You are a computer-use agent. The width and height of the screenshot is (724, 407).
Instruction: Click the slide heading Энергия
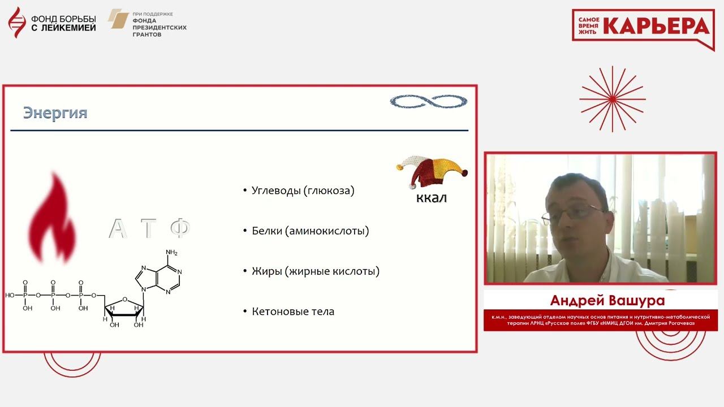click(x=55, y=113)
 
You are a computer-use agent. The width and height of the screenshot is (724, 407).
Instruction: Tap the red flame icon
click(x=53, y=218)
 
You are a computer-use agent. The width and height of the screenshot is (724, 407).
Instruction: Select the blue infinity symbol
click(x=429, y=101)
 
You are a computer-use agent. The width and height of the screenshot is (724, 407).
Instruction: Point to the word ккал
click(x=432, y=198)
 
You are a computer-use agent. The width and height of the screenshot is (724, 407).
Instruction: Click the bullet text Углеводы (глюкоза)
click(x=303, y=190)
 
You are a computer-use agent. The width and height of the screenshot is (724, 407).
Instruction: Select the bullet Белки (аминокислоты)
click(x=311, y=231)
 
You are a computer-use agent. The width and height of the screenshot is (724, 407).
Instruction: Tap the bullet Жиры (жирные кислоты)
click(x=316, y=271)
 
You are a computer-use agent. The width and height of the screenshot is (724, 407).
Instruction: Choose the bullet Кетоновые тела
click(x=293, y=311)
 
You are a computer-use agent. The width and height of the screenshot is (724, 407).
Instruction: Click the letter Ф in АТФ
click(x=180, y=228)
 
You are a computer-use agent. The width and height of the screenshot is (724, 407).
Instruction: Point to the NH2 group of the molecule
click(x=171, y=252)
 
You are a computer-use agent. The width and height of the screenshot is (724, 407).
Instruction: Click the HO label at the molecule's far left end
click(x=10, y=295)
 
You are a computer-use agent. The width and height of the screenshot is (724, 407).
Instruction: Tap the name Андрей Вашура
click(x=607, y=300)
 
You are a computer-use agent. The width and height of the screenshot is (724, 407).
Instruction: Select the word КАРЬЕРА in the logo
click(x=657, y=26)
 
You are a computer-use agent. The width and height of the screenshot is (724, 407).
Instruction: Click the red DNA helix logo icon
click(x=17, y=22)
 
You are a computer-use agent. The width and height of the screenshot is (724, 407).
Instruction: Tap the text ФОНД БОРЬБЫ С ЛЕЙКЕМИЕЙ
click(x=63, y=23)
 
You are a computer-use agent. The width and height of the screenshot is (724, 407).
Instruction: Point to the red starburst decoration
click(x=613, y=99)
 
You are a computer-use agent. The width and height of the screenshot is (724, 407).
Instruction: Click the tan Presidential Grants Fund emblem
click(x=118, y=19)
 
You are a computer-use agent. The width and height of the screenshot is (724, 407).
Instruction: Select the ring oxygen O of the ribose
click(x=125, y=299)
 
